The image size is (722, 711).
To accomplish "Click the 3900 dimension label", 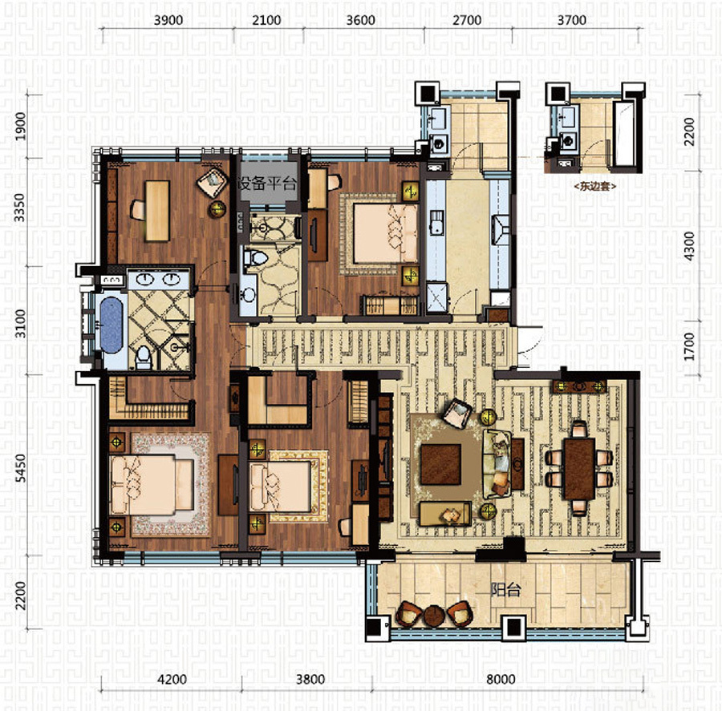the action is click(x=168, y=20).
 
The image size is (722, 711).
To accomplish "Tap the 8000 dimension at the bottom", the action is click(x=501, y=679).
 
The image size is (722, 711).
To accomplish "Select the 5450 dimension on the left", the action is click(x=21, y=468).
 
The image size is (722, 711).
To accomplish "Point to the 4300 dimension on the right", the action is click(x=688, y=246).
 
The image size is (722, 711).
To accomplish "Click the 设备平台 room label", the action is click(x=266, y=184).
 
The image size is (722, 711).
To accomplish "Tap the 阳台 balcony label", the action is click(x=505, y=589).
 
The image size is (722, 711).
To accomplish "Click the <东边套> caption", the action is click(x=595, y=186).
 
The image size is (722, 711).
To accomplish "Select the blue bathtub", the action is click(x=112, y=325).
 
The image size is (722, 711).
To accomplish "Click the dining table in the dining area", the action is click(x=579, y=469).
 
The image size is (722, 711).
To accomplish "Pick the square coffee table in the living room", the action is click(x=440, y=464).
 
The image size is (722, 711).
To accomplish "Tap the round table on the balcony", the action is click(x=433, y=616).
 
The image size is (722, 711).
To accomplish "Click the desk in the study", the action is click(x=157, y=210).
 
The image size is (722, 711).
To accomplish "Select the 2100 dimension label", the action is click(x=266, y=20).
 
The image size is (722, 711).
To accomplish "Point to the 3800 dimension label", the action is click(x=310, y=679).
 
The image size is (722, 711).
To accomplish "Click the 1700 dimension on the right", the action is click(x=688, y=347).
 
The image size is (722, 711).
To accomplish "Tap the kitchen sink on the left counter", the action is click(x=436, y=221).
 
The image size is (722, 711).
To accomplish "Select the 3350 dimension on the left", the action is click(x=19, y=208).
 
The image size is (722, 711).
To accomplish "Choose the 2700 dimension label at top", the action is click(x=467, y=20).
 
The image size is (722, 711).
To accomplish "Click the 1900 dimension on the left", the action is click(x=21, y=127).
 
